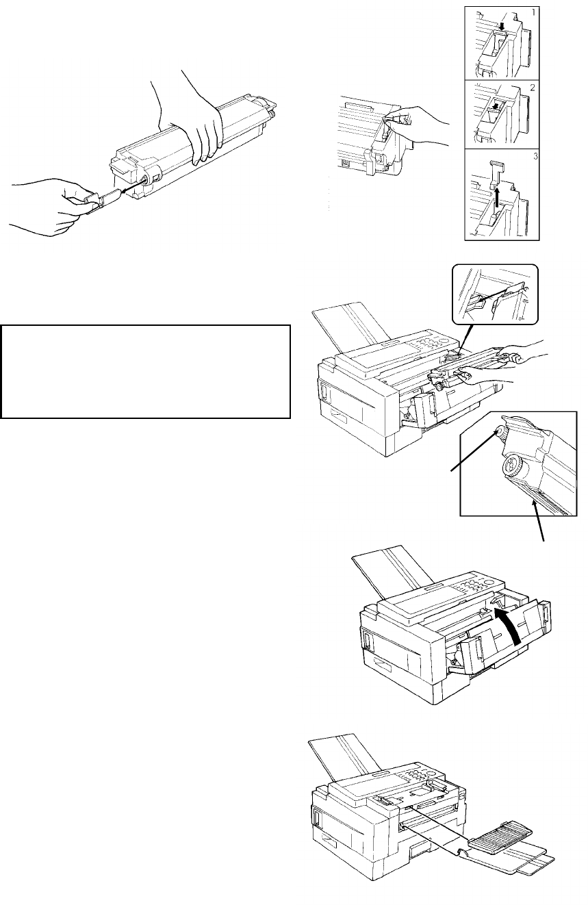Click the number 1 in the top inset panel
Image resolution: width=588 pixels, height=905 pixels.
533,12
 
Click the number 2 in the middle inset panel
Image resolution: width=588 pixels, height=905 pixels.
533,87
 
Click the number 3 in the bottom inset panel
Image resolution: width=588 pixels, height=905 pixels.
535,156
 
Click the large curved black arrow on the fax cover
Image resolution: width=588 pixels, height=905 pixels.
510,626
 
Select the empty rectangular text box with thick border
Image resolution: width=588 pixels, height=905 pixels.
146,372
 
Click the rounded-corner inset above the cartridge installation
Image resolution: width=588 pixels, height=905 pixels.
496,294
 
